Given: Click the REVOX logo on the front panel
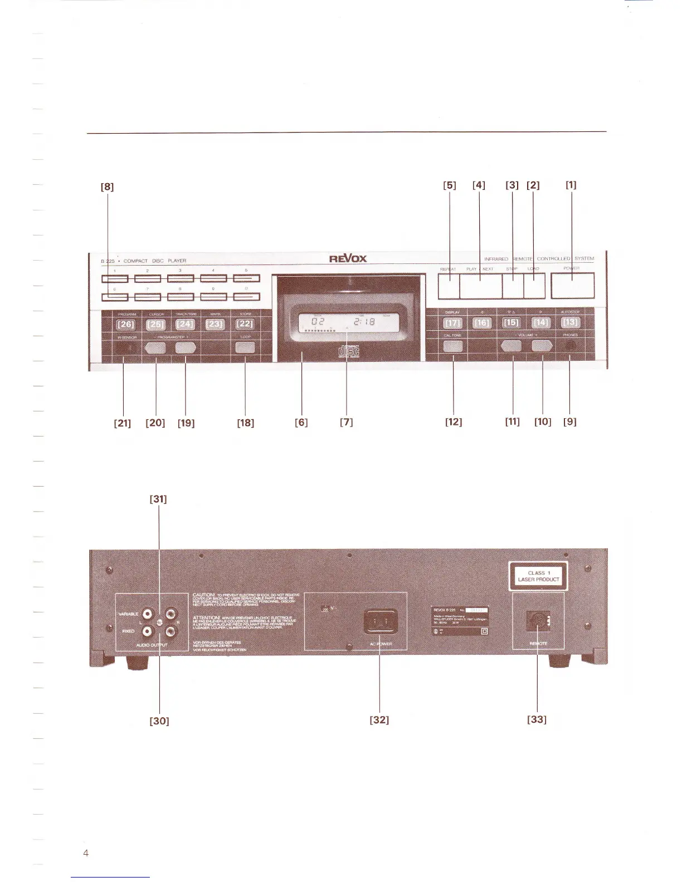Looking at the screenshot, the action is coord(348,258).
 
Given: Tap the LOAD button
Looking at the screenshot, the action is coord(534,286).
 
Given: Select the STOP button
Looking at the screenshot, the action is coord(513,286).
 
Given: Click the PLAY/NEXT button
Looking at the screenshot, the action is coord(480,286).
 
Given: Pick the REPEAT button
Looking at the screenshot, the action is coord(449,286).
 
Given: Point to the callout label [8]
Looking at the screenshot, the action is coord(107,187).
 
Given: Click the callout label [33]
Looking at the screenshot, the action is coord(537,719).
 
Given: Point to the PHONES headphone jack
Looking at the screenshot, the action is coord(569,346).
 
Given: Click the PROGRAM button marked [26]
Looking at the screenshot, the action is coord(126,325).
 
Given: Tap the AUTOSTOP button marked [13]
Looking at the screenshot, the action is coord(571,323).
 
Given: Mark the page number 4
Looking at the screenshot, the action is coord(86,854).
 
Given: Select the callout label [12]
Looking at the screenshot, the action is coord(454,422).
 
